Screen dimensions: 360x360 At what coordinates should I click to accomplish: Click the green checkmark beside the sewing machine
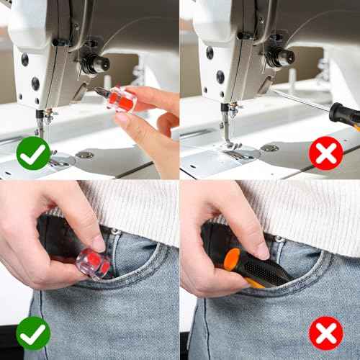(x=33, y=153)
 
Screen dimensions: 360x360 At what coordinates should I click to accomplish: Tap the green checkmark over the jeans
(x=33, y=333)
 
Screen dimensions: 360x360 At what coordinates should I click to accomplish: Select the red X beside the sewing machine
(x=325, y=153)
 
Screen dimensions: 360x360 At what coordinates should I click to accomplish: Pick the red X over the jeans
(x=325, y=333)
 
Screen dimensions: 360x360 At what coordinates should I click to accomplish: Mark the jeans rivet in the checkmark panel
(x=114, y=232)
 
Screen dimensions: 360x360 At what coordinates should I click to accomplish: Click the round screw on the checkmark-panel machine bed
(x=85, y=155)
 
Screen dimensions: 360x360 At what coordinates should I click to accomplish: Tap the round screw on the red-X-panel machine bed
(x=270, y=148)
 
